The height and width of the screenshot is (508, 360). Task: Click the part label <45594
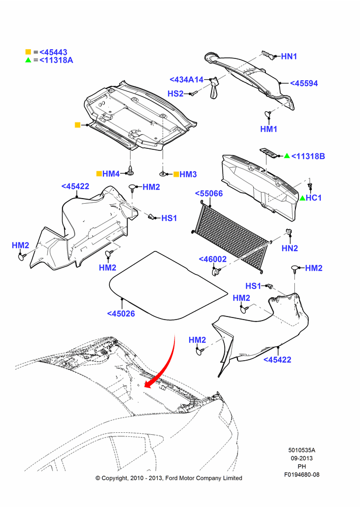(304, 83)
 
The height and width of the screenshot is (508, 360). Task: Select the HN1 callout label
(289, 56)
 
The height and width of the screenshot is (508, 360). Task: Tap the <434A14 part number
(187, 80)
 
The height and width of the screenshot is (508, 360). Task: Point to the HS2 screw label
(175, 93)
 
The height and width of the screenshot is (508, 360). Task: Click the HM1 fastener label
(269, 129)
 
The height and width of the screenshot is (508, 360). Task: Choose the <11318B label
(308, 156)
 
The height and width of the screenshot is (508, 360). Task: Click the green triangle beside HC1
(302, 198)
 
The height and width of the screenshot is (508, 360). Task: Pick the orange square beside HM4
(99, 174)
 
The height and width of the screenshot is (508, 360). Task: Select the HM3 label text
(188, 174)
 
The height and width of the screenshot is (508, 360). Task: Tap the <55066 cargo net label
(209, 194)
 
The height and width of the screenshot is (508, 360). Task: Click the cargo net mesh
(232, 237)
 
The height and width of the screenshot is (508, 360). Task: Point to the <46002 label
(213, 259)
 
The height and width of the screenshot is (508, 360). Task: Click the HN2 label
(290, 248)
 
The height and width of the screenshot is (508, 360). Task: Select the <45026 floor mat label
(121, 313)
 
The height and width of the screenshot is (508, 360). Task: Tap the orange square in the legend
(28, 52)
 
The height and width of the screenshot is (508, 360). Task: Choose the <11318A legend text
(56, 60)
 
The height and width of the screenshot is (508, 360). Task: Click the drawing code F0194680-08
(302, 474)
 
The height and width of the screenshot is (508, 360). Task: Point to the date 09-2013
(302, 458)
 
